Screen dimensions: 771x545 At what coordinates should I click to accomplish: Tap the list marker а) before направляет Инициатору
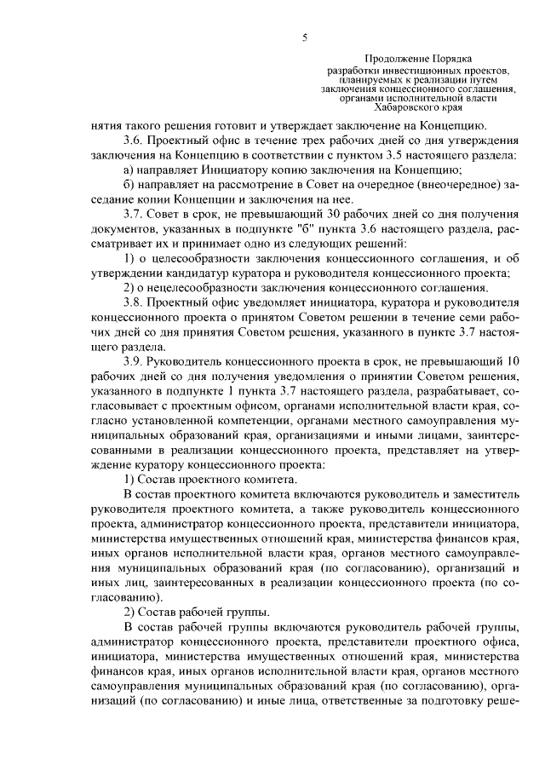(x=130, y=170)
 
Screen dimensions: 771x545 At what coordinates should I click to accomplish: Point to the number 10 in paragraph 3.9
(x=512, y=360)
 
